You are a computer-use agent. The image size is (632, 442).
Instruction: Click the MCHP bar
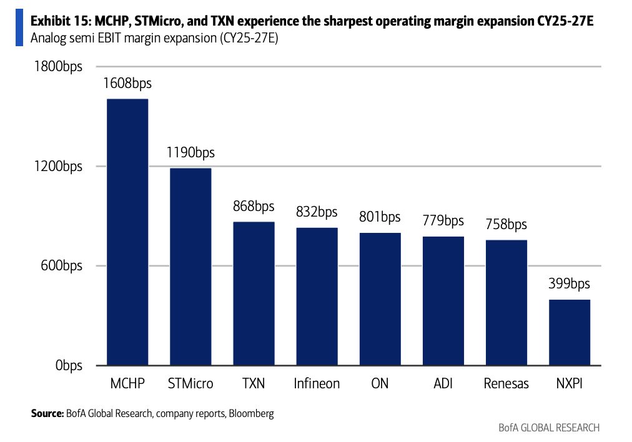tap(127, 232)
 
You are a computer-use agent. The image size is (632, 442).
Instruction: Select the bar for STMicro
tap(190, 267)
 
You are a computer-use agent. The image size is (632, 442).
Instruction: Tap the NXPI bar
tap(570, 332)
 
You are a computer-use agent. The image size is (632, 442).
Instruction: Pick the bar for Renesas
tap(506, 303)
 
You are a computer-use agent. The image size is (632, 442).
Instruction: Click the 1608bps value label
tap(127, 84)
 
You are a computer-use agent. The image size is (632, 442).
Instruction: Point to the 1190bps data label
tap(190, 153)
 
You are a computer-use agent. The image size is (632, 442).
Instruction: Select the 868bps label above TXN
tap(254, 206)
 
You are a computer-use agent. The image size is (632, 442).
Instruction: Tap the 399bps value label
tap(569, 283)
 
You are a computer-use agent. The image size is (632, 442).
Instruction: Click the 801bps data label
tap(380, 217)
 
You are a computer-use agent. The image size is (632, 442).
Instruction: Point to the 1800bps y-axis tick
tap(59, 66)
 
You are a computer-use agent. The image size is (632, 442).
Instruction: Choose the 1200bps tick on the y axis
tap(59, 166)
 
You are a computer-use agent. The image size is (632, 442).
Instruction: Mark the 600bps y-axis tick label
tap(61, 265)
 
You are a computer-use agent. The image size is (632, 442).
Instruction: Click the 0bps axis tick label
tap(69, 365)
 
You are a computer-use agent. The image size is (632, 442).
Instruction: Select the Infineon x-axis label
tap(317, 383)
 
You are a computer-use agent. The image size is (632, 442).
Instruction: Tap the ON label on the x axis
tap(380, 383)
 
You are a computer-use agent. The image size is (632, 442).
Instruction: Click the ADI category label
tap(443, 383)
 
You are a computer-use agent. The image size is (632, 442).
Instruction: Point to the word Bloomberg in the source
tap(251, 413)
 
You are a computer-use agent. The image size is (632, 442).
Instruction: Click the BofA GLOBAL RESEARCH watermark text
tap(549, 428)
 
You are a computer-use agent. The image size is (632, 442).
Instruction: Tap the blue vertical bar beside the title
tap(19, 28)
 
